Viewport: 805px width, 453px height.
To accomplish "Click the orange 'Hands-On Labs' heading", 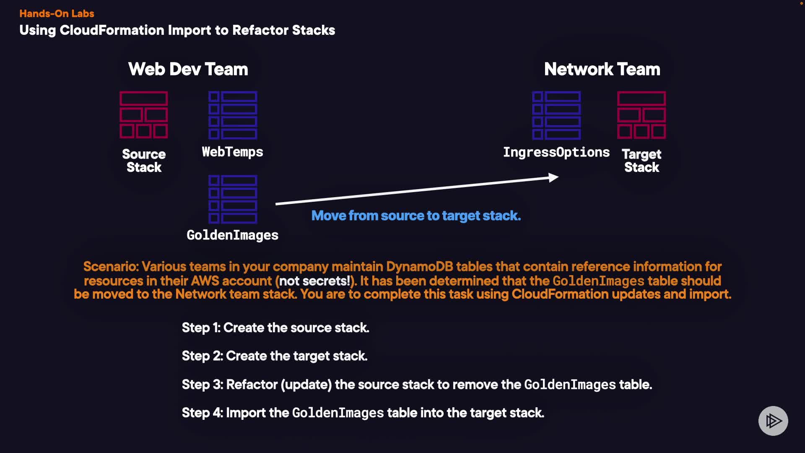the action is click(x=57, y=13).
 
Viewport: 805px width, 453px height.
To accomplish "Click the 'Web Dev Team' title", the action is click(x=188, y=69).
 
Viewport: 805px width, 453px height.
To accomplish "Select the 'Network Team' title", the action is click(x=602, y=69).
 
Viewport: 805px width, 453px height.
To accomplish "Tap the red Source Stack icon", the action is click(x=144, y=115).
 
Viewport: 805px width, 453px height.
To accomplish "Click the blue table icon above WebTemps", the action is click(x=233, y=115).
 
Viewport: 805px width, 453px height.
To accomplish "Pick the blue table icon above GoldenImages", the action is click(x=233, y=199).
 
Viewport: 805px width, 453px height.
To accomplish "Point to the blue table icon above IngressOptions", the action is click(x=556, y=115).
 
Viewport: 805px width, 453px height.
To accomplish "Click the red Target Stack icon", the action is click(x=641, y=115).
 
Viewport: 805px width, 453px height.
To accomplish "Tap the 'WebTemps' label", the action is click(x=233, y=152).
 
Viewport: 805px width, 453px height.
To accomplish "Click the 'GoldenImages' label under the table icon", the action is click(x=233, y=235).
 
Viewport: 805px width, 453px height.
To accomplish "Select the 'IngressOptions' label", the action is click(x=556, y=152).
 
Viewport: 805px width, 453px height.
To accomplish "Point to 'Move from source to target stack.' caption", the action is click(x=416, y=216).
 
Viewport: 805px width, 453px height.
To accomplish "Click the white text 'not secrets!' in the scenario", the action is click(x=315, y=281).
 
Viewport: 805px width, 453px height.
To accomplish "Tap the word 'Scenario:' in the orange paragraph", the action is click(x=111, y=266).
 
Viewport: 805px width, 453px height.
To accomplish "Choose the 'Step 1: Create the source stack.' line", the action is click(x=275, y=328).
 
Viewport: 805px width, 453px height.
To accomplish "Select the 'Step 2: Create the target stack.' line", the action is click(x=275, y=356).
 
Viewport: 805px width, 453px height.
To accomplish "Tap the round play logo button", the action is click(x=773, y=421).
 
